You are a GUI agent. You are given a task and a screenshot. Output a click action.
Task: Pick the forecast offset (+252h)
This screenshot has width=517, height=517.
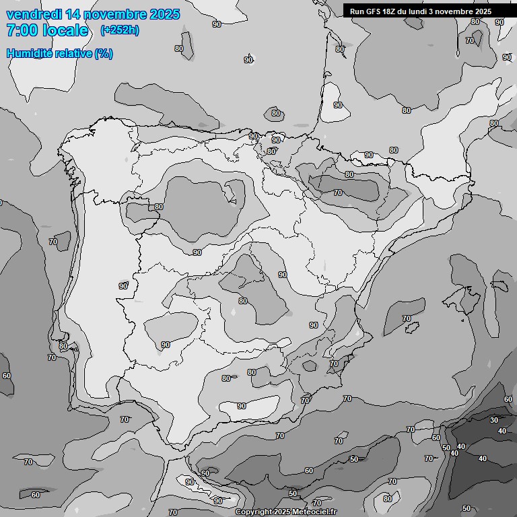point(120,30)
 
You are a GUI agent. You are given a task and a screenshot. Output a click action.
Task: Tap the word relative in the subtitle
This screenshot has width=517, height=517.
point(74,53)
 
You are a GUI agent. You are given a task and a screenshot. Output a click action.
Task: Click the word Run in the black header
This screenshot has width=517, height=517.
point(357,11)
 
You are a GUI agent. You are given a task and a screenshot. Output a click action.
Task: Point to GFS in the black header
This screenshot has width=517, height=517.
point(374,11)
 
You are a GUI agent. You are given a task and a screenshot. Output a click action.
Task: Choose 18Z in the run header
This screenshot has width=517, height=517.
point(392,11)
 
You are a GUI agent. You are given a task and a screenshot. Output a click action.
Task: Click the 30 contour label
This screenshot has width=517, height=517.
point(493,420)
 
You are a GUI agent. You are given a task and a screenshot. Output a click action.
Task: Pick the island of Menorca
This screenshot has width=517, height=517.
point(501,282)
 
